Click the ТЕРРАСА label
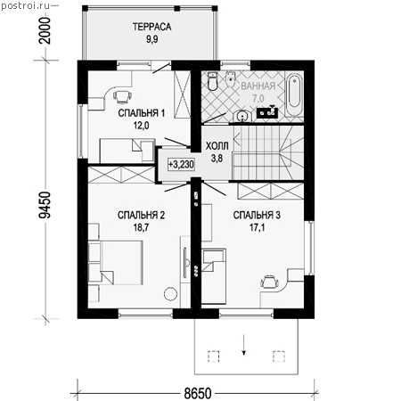[x=151, y=27]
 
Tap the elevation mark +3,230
[x=181, y=164]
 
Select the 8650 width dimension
[x=198, y=393]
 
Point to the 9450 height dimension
[x=45, y=205]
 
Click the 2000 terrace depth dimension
[x=45, y=30]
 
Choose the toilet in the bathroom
[x=213, y=81]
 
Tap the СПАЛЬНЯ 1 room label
[x=142, y=113]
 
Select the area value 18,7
[x=141, y=227]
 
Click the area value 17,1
[x=257, y=227]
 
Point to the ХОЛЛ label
[x=217, y=146]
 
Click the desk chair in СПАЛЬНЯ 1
[x=122, y=96]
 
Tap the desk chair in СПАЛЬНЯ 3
[x=270, y=282]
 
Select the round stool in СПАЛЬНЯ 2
[x=171, y=294]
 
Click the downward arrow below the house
[x=243, y=345]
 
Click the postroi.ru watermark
[x=26, y=5]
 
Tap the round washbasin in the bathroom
[x=243, y=116]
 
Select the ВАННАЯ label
[x=258, y=86]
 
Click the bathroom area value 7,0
[x=258, y=98]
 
